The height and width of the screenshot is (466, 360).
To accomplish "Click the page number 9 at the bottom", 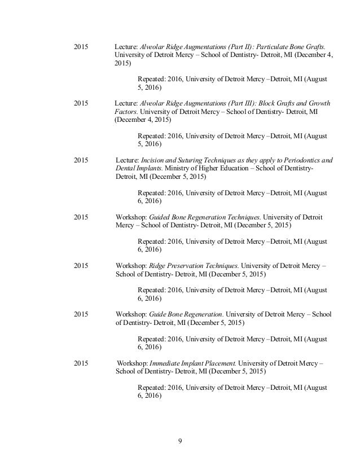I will tap(179, 441).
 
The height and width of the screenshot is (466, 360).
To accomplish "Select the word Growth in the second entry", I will tap(319, 104).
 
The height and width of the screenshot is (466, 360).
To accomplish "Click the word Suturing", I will tap(196, 160).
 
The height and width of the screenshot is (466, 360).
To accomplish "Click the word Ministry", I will tap(177, 168).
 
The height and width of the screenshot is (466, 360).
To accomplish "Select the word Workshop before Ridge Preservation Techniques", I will tap(130, 265).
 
